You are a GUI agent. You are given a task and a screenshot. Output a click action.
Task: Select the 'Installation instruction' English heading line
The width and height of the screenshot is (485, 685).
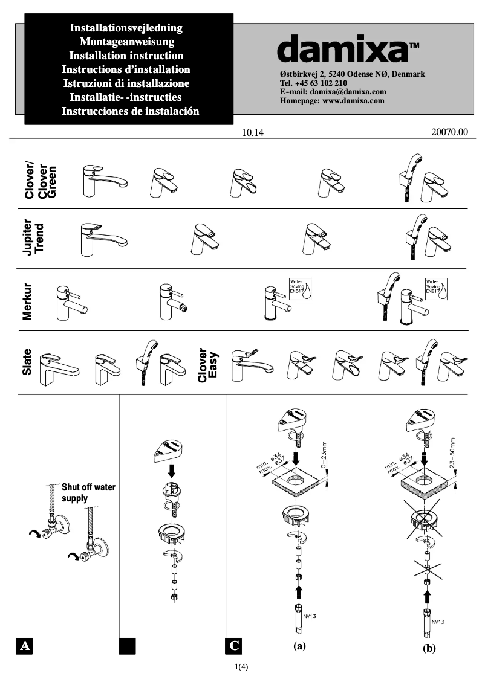pyautogui.click(x=126, y=56)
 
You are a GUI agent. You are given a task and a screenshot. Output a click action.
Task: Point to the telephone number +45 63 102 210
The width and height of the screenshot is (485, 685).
pyautogui.click(x=313, y=83)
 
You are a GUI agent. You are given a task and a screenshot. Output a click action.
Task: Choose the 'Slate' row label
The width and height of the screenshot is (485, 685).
pyautogui.click(x=27, y=362)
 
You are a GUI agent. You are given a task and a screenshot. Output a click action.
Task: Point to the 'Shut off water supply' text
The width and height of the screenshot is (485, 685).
pyautogui.click(x=88, y=493)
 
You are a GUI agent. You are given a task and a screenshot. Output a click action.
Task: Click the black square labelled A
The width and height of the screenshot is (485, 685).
pyautogui.click(x=24, y=646)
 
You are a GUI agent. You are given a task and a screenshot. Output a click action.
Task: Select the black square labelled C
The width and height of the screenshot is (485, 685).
pyautogui.click(x=234, y=646)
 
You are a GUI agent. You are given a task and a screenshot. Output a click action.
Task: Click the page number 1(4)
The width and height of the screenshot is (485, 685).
pyautogui.click(x=242, y=667)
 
